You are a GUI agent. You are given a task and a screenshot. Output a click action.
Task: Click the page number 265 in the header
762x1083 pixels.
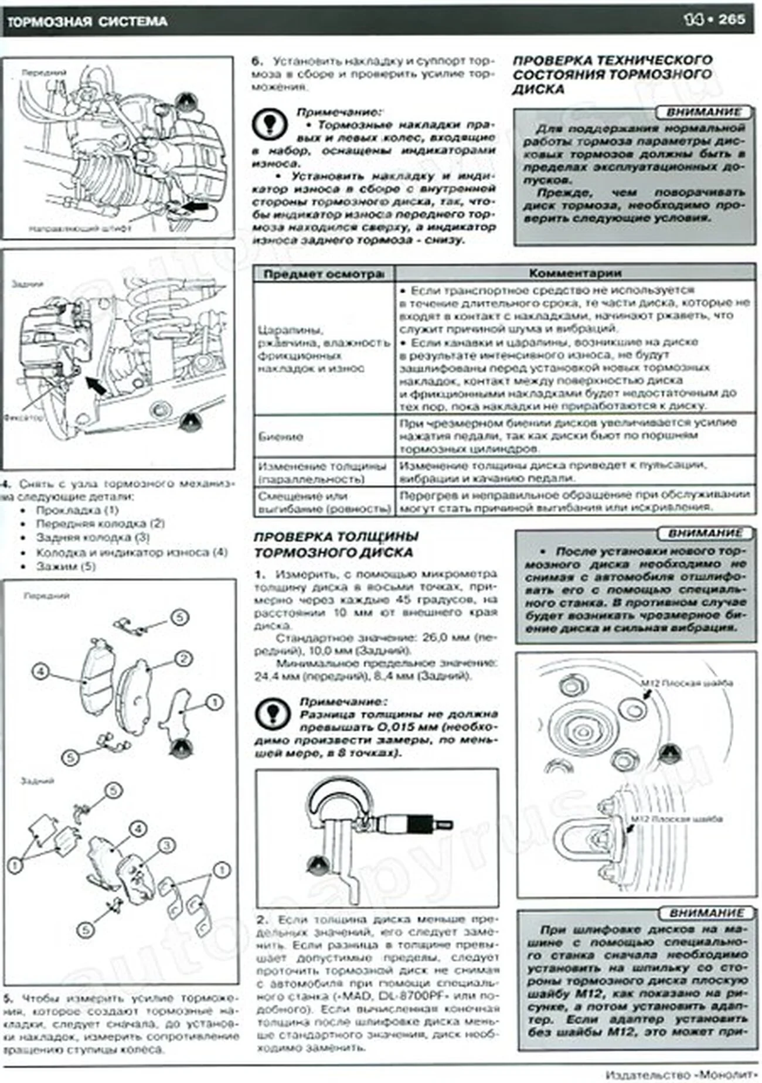(x=732, y=19)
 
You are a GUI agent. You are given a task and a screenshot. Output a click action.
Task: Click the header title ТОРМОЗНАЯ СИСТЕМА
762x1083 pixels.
(x=87, y=22)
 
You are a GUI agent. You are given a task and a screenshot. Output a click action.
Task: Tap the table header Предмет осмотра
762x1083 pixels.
(x=324, y=274)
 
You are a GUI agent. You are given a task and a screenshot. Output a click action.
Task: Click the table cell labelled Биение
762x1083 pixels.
(x=281, y=437)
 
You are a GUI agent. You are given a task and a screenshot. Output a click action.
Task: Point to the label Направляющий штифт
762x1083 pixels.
(x=80, y=229)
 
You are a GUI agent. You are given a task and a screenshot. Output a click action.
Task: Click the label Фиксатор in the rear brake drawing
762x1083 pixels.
(x=23, y=418)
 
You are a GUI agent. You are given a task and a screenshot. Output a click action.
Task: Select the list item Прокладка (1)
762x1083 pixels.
(x=77, y=510)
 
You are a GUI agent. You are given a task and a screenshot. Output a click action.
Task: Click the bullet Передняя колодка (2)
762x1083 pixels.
(x=100, y=523)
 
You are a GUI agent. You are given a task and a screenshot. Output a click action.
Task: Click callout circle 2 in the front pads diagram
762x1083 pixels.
(x=183, y=659)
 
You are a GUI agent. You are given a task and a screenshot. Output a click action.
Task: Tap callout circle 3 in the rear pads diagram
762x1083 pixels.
(x=166, y=846)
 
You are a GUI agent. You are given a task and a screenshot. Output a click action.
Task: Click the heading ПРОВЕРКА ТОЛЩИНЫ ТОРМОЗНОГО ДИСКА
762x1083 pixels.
(x=335, y=544)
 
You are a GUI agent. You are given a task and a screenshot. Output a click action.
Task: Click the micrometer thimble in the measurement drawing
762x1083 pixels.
(x=417, y=823)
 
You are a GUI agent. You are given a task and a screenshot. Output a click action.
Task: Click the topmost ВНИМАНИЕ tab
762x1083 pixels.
(x=703, y=112)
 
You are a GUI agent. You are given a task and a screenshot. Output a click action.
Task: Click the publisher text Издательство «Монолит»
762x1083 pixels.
(x=681, y=1074)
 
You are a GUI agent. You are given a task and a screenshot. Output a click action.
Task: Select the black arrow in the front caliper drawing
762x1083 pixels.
(x=196, y=207)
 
